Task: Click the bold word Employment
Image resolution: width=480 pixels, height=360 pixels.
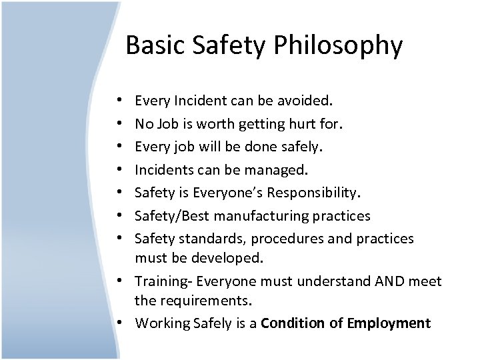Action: coord(389,323)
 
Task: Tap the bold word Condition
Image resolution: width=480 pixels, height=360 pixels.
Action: coord(291,323)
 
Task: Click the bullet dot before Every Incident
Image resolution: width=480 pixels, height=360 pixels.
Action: coord(118,101)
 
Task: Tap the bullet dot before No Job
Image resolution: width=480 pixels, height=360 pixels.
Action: coord(118,124)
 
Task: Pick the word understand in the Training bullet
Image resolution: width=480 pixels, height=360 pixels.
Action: coord(330,281)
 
